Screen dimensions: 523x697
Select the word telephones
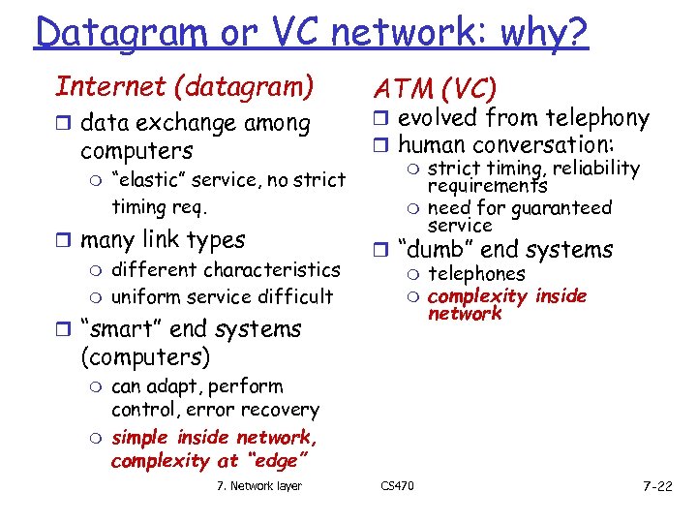click(x=476, y=275)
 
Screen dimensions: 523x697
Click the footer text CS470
click(x=397, y=485)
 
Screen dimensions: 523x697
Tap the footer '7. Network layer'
click(x=258, y=485)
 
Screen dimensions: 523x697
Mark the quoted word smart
click(x=118, y=329)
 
